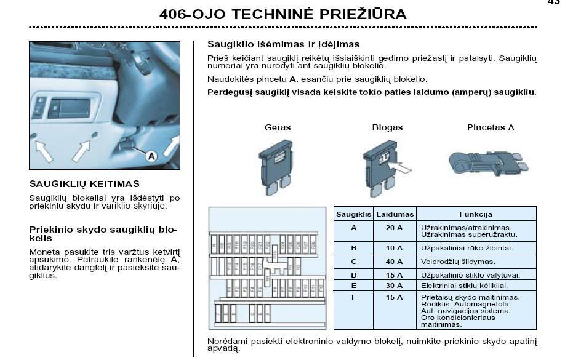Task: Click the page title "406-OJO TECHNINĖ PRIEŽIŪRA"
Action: pos(282,14)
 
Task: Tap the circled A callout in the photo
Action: pos(151,156)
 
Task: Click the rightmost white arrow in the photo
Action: pos(171,146)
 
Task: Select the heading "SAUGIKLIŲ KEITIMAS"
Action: pos(84,183)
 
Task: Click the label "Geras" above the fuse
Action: pos(278,127)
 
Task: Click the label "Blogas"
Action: pos(387,127)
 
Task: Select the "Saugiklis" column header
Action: pos(353,214)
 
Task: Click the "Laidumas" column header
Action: pos(395,214)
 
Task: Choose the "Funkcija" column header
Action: pos(476,214)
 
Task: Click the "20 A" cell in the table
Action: pos(395,228)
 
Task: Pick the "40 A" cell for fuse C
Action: pos(395,262)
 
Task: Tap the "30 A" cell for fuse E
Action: pos(395,286)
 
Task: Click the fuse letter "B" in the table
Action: pos(353,248)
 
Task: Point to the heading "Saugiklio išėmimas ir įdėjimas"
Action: pos(283,44)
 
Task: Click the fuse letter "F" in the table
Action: pos(353,297)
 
